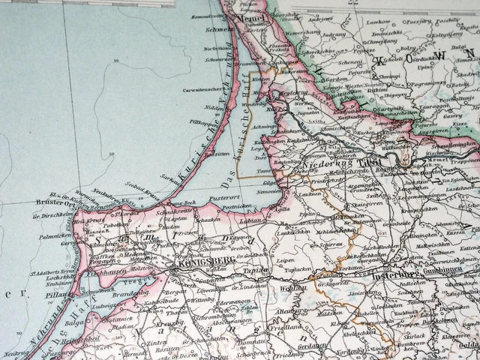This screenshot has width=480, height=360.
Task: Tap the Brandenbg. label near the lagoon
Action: point(128,295)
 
